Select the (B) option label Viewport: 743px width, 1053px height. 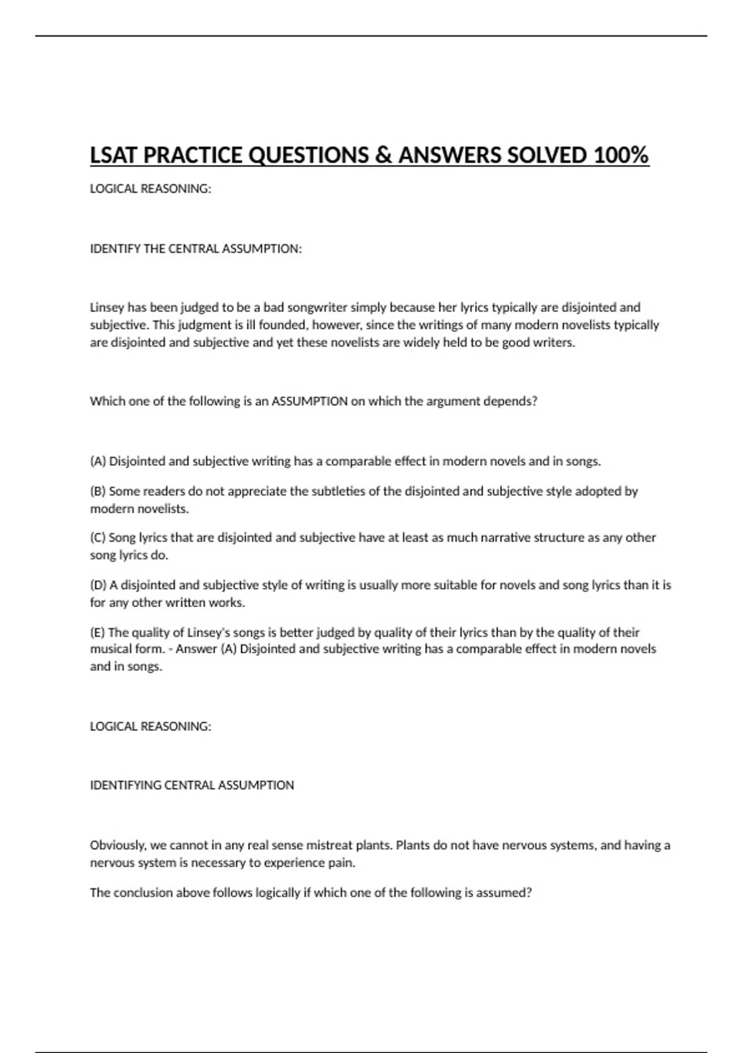(x=98, y=491)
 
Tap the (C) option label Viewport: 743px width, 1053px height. (x=98, y=538)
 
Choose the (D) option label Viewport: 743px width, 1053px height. (x=98, y=585)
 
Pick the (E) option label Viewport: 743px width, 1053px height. (x=97, y=632)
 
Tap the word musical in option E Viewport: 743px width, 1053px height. (x=110, y=649)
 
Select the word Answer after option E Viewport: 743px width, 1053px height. (x=196, y=649)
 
